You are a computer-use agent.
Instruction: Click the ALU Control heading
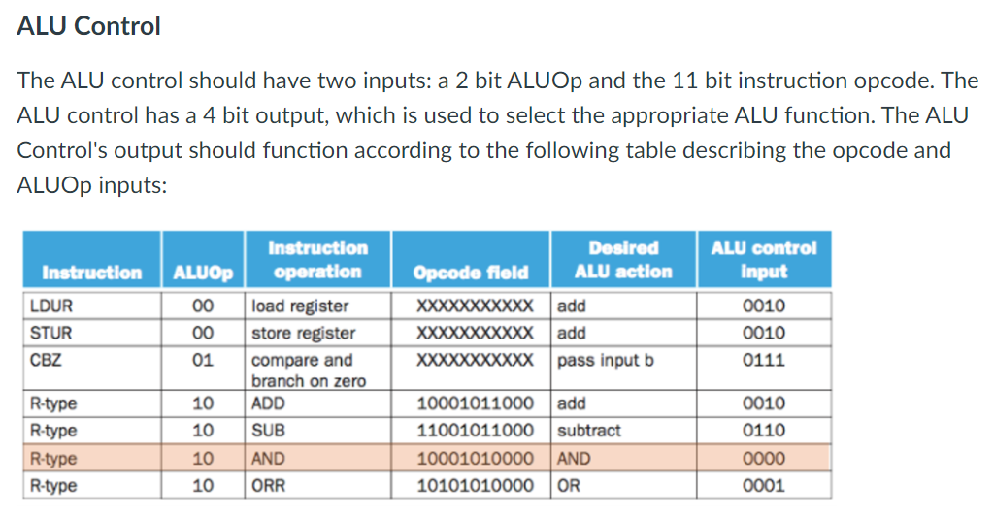coord(89,26)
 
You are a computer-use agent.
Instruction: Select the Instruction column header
coord(91,273)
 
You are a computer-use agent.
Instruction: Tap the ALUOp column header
coord(203,273)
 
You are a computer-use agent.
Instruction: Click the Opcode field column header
coord(471,273)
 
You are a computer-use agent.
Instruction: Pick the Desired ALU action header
coord(622,260)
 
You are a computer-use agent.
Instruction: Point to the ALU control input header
coord(763,260)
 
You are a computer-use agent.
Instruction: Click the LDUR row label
coord(51,306)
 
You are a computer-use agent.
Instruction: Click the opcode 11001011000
coord(475,431)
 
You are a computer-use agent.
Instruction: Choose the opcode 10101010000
coord(475,486)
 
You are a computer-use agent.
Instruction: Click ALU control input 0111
coord(763,361)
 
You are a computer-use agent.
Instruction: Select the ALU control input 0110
coord(763,431)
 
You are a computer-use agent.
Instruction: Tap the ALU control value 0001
coord(763,486)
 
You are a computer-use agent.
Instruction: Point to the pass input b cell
coord(606,361)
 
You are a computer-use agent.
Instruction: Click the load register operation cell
coord(300,306)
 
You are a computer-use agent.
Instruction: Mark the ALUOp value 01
coord(203,361)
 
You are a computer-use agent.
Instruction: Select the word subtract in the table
coord(589,431)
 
